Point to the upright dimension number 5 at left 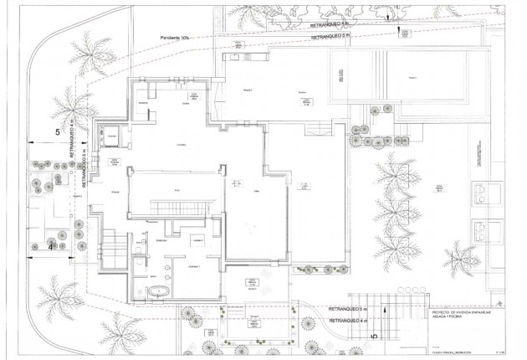(x=58, y=132)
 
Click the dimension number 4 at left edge (x=51, y=247)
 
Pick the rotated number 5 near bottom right (x=374, y=334)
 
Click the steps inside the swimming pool (x=340, y=77)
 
